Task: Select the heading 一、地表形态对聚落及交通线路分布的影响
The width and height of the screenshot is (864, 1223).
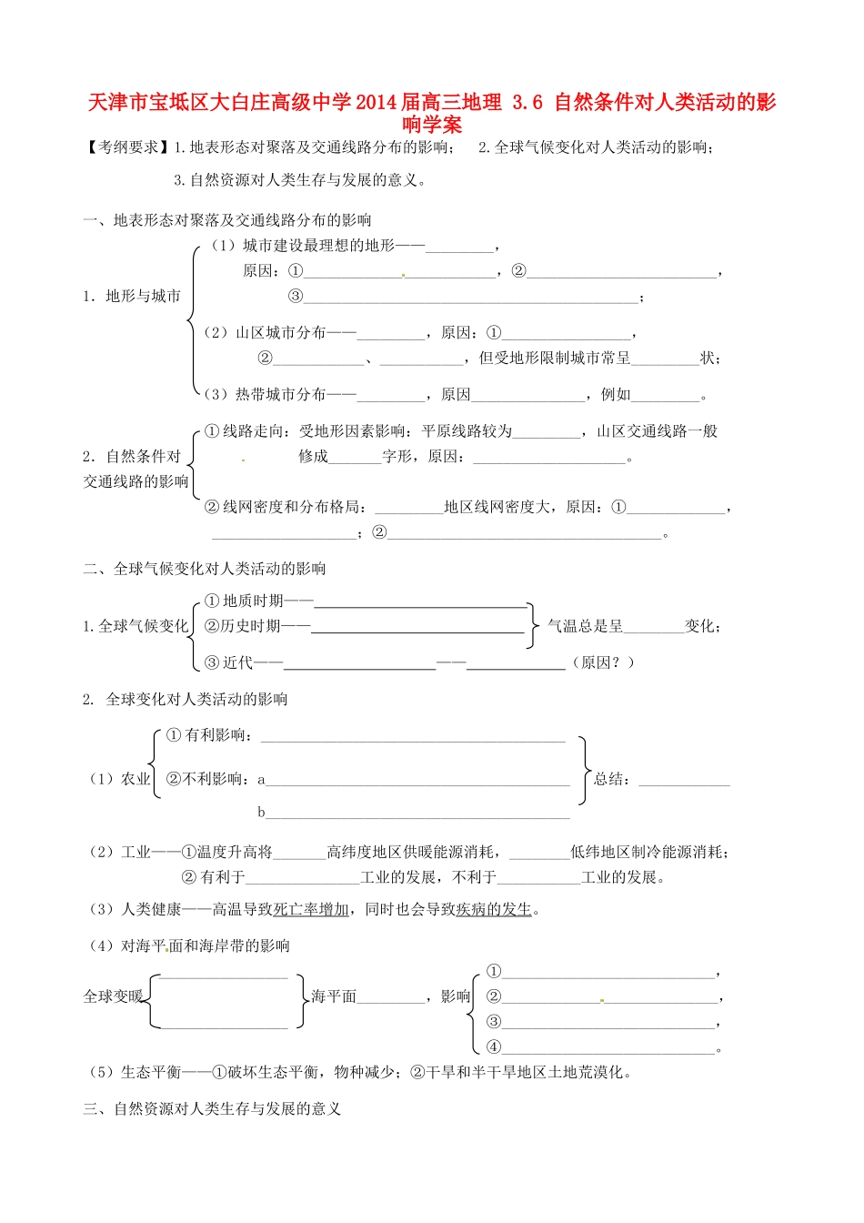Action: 227,220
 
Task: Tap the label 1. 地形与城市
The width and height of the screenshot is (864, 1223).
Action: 132,296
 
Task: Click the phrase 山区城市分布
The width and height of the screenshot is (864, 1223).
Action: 280,333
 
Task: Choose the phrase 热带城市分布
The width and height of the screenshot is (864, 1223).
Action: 280,395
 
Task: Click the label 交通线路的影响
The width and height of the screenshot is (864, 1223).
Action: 136,481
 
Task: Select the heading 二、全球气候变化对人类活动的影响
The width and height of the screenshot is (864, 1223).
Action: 205,569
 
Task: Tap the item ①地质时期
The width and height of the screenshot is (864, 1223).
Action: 245,601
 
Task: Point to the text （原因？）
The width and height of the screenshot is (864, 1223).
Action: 603,662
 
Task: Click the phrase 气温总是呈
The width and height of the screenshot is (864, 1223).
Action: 585,626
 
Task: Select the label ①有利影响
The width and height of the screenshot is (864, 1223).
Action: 207,735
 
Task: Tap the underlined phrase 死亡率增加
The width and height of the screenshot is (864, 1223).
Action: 311,909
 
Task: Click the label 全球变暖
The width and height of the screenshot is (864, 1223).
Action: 114,996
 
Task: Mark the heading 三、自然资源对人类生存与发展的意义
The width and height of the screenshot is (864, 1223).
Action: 212,1108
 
